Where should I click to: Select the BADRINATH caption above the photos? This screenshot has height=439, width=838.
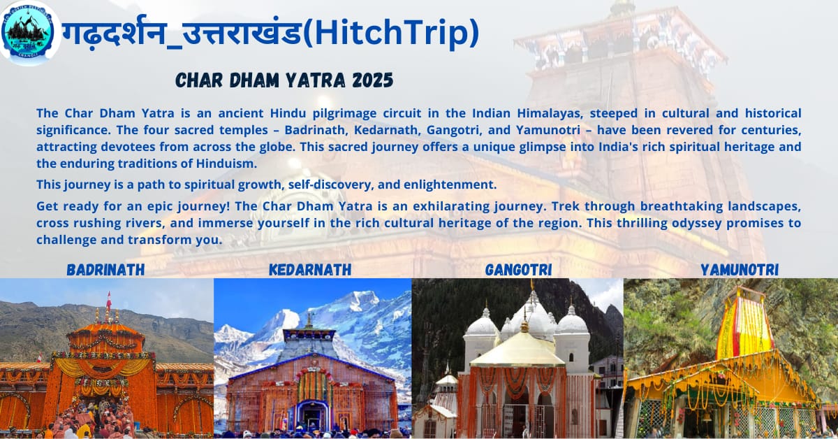(105, 270)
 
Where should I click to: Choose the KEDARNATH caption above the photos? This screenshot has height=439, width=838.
(310, 270)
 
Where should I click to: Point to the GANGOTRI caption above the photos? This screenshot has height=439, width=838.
(518, 270)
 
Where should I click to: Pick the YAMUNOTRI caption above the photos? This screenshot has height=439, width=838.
(740, 270)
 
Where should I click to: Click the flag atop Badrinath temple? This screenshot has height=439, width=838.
(109, 300)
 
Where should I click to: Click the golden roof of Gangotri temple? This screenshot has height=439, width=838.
(517, 350)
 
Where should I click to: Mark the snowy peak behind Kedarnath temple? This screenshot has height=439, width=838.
(359, 300)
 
